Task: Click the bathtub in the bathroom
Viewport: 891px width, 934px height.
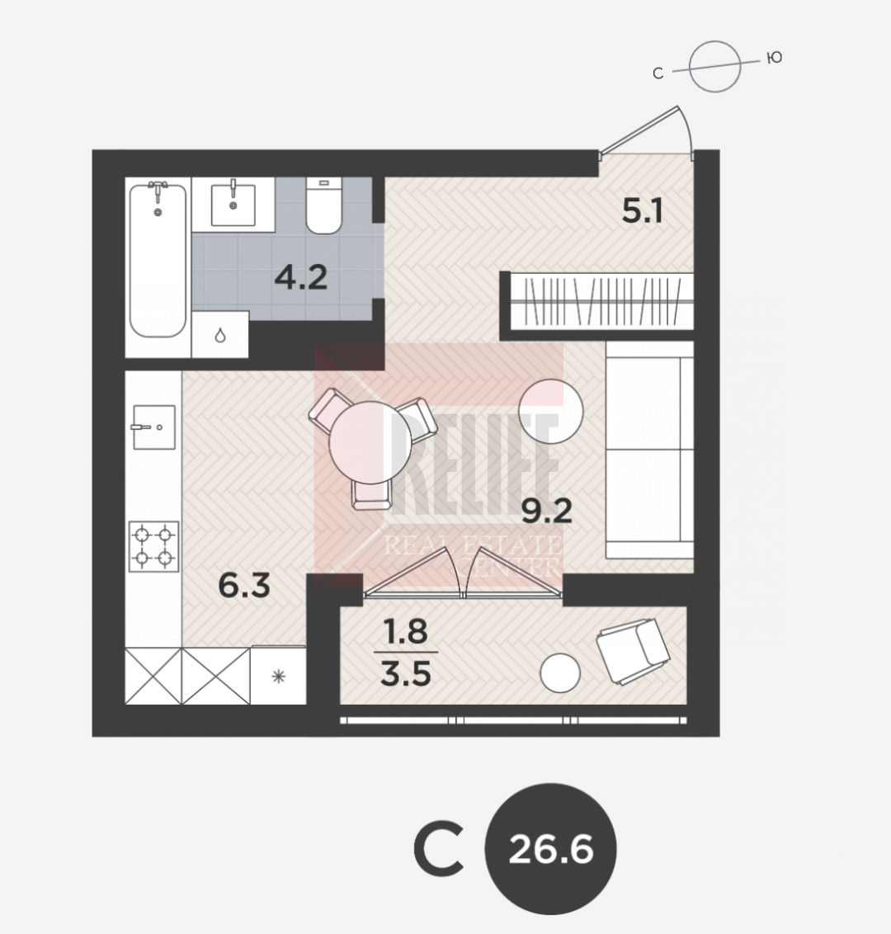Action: (158, 260)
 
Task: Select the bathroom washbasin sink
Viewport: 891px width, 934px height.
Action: (233, 205)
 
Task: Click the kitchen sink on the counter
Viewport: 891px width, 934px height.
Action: (153, 427)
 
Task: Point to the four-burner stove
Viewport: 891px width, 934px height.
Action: (153, 546)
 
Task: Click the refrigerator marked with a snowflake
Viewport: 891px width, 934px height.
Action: (278, 676)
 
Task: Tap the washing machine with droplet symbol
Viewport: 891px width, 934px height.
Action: (219, 335)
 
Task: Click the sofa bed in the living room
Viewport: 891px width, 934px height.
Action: (650, 450)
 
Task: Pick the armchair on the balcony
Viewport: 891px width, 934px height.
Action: (634, 651)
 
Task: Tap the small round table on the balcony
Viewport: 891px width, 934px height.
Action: (560, 673)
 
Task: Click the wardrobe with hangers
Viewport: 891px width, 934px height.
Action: (601, 301)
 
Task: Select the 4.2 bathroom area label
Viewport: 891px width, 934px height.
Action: (301, 277)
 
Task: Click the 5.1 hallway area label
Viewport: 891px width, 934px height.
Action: (642, 211)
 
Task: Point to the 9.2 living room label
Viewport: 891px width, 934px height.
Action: (547, 511)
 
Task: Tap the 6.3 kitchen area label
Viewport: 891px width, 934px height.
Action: (244, 585)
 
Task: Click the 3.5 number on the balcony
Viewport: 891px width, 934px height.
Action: (406, 674)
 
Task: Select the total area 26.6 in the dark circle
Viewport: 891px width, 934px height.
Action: (551, 849)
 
